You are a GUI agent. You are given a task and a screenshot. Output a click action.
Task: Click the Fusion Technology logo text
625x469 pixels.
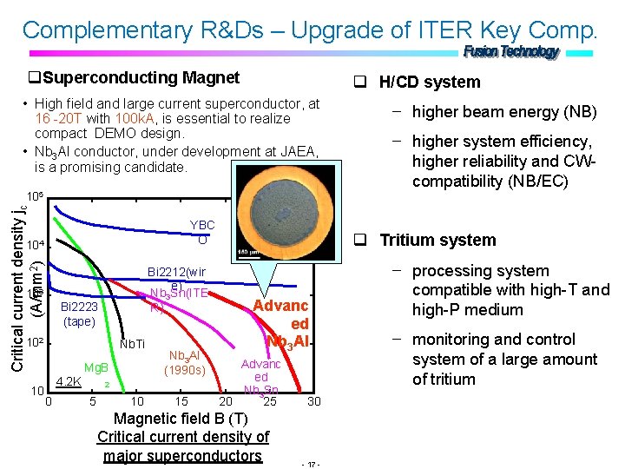[x=511, y=52]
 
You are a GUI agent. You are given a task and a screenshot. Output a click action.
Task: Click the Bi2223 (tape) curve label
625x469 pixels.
[x=79, y=314]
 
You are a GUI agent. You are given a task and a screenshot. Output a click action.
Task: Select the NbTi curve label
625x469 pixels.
[x=132, y=345]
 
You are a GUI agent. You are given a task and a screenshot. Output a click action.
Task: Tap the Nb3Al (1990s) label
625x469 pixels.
[x=183, y=363]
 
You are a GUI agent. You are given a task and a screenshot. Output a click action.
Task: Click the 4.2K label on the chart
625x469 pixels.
[x=69, y=380]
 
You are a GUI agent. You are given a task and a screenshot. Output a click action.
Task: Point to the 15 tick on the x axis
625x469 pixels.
[x=181, y=401]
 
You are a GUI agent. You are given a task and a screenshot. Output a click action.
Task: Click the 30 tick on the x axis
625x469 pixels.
[x=314, y=401]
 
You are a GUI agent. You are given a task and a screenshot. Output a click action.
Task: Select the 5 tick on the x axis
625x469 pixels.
[x=93, y=401]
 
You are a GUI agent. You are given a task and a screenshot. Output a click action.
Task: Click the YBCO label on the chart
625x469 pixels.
[x=202, y=232]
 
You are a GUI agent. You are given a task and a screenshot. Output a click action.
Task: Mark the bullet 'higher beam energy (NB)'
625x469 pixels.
[x=504, y=111]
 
